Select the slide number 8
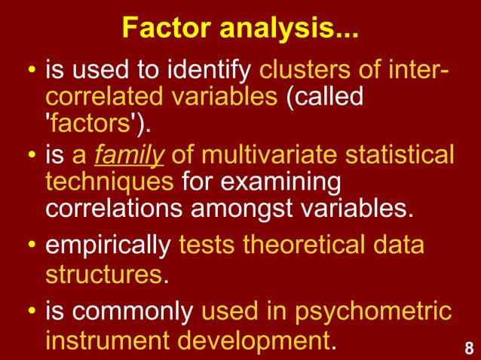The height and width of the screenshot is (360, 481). (469, 348)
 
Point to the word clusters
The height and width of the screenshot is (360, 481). (295, 73)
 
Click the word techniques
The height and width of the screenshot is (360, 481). (110, 183)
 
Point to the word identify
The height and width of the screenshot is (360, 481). (208, 73)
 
